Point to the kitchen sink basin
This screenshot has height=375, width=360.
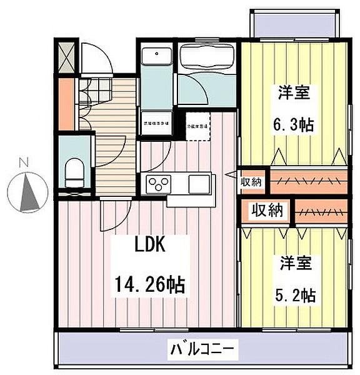(199, 184)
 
